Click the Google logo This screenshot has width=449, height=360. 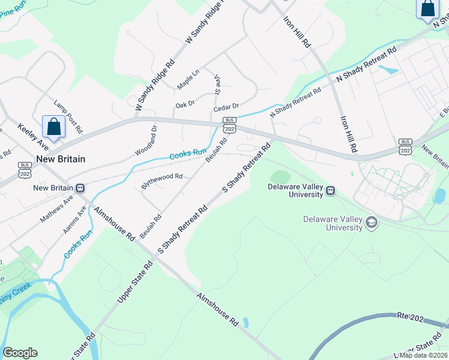coord(20,353)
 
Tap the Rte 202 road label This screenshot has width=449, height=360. coord(411,316)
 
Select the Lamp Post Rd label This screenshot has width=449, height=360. coord(67,116)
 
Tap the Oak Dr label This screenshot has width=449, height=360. coord(185,104)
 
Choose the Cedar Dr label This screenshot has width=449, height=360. coord(226,107)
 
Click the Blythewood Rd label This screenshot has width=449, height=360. coord(161,181)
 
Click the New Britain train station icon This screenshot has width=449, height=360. coord(80,188)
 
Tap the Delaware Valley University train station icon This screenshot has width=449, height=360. coord(330,191)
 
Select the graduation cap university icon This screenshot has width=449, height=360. coord(371,223)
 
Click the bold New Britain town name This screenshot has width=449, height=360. coord(61,159)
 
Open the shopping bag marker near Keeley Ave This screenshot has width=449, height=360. coord(53,127)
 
